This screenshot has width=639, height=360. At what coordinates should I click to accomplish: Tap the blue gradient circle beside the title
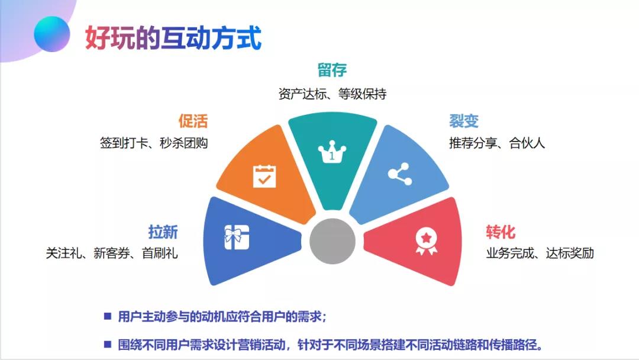[52, 34]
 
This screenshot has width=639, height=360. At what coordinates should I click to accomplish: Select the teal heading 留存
[332, 70]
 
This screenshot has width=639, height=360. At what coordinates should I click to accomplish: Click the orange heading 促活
[193, 121]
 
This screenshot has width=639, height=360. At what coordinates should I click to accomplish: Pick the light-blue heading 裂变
[464, 121]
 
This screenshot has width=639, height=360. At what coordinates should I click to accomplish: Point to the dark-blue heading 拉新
[163, 232]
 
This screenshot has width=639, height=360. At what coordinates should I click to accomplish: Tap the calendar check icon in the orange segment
[264, 176]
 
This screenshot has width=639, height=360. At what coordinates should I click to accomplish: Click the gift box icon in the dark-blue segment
[237, 237]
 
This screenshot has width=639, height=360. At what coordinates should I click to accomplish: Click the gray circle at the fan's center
[333, 242]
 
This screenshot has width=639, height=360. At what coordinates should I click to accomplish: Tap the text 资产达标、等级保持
[333, 94]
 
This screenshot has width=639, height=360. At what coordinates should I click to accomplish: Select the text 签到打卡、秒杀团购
[154, 143]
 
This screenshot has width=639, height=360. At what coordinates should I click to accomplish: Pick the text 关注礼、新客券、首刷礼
[112, 253]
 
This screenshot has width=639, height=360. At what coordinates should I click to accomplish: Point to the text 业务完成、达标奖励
[540, 253]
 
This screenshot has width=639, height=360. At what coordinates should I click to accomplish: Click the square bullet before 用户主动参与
[107, 316]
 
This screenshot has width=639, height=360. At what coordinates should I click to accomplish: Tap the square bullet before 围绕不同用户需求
[107, 344]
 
